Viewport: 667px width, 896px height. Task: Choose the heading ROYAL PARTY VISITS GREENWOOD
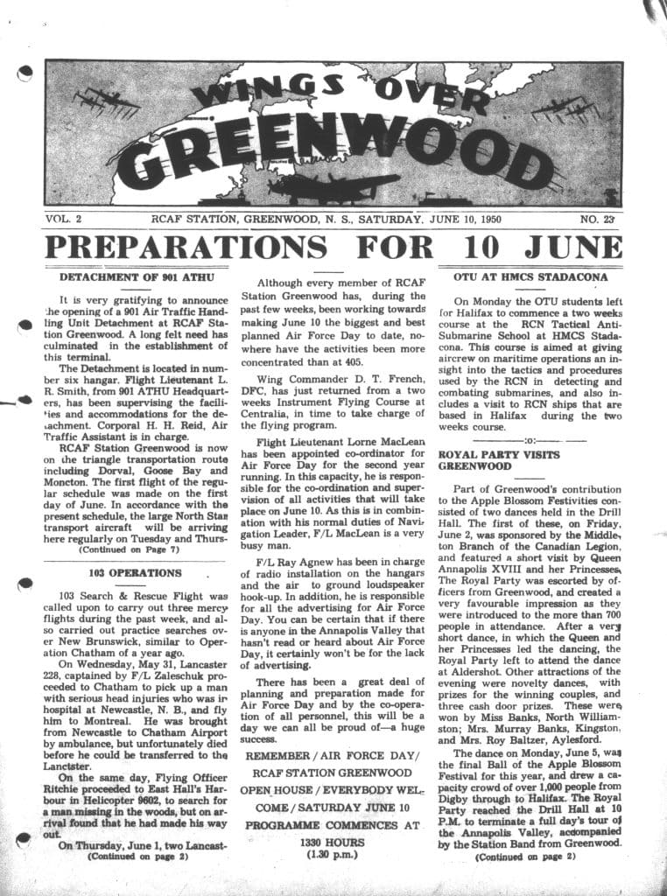pyautogui.click(x=489, y=460)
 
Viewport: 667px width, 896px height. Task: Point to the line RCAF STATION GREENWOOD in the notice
pyautogui.click(x=327, y=773)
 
